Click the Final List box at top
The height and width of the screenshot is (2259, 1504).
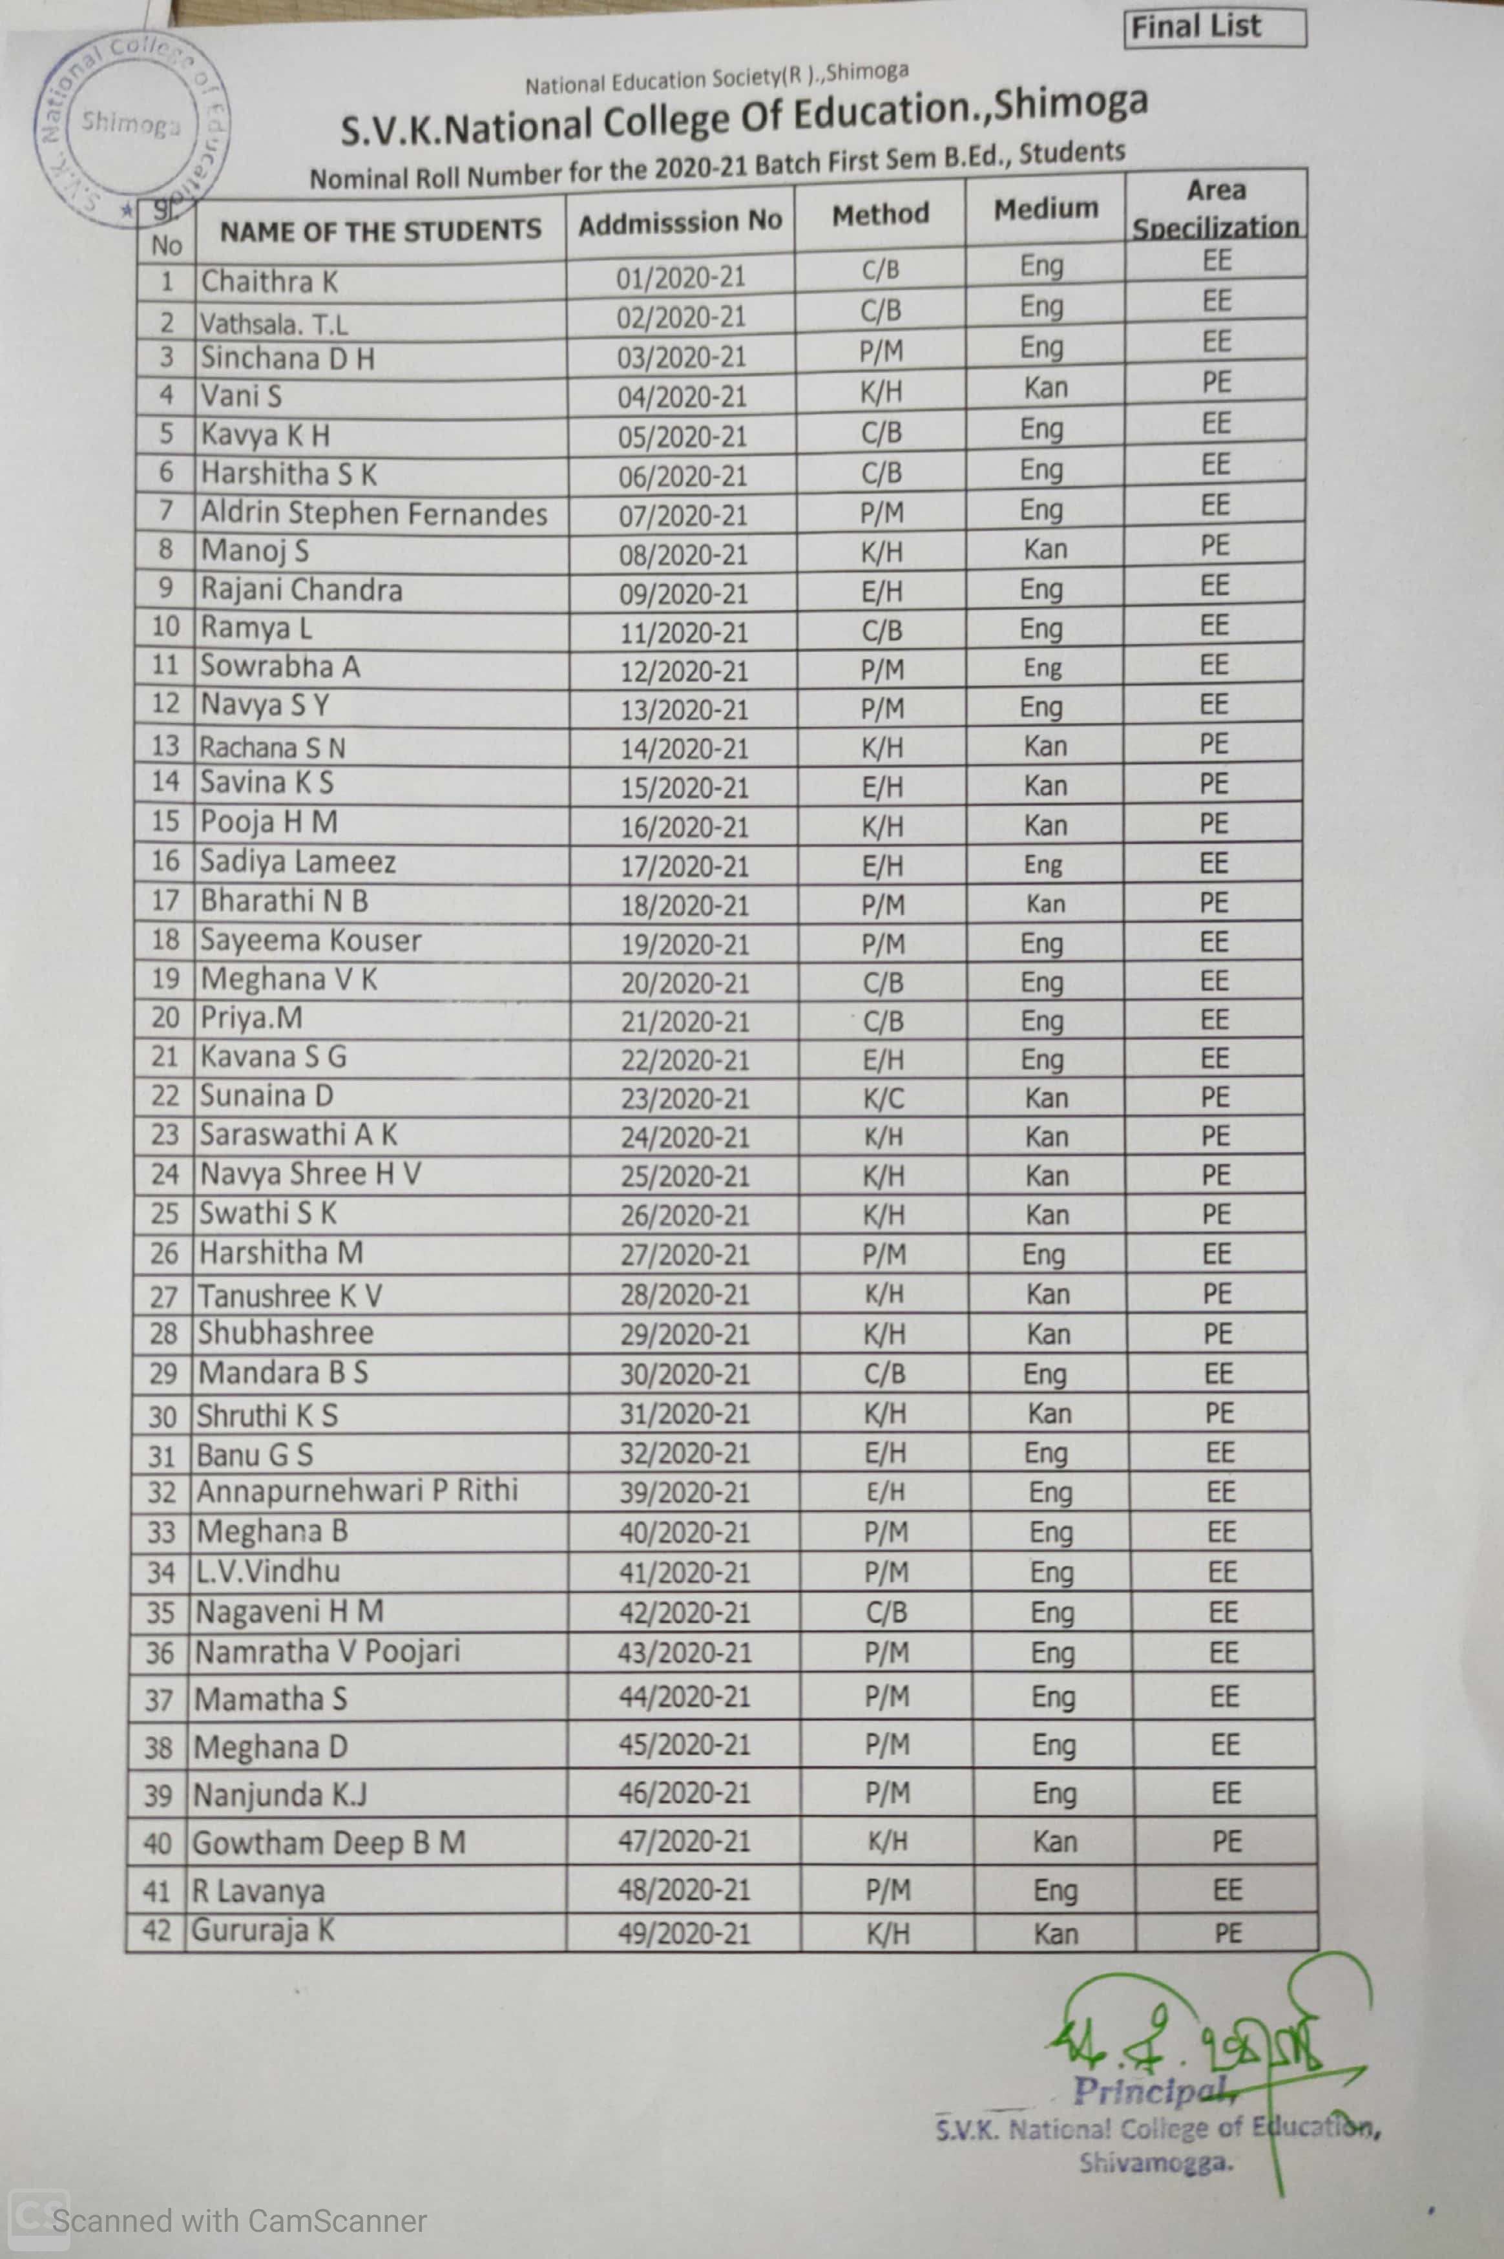[x=1215, y=27]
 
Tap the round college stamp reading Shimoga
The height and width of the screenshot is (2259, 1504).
[x=131, y=125]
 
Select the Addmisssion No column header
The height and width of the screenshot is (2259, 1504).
[x=680, y=222]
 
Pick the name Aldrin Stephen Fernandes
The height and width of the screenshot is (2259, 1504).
[x=373, y=514]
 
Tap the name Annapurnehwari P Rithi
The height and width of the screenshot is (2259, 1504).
[x=357, y=1491]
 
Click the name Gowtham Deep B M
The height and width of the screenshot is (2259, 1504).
[x=329, y=1843]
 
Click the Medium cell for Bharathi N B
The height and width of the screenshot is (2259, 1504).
[x=1045, y=903]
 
